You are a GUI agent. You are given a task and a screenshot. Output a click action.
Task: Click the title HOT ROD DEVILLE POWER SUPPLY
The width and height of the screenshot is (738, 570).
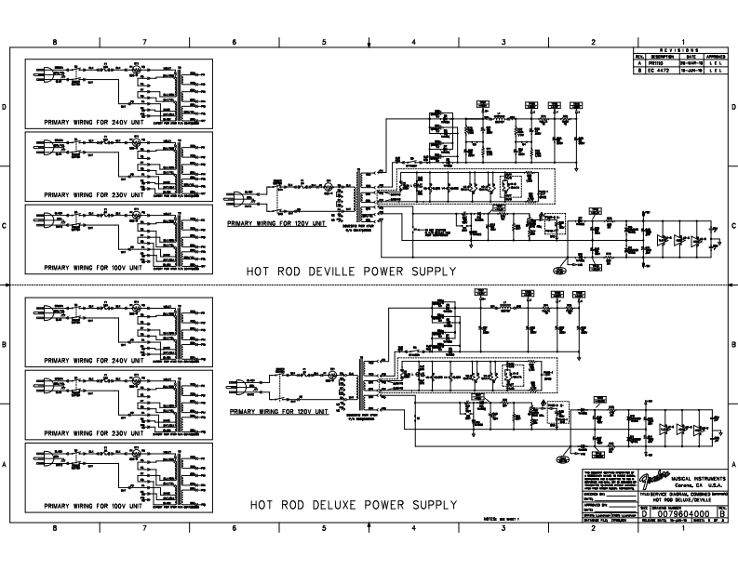tap(351, 272)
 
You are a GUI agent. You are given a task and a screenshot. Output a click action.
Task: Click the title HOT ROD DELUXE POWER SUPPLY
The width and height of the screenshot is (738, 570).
tap(353, 506)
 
